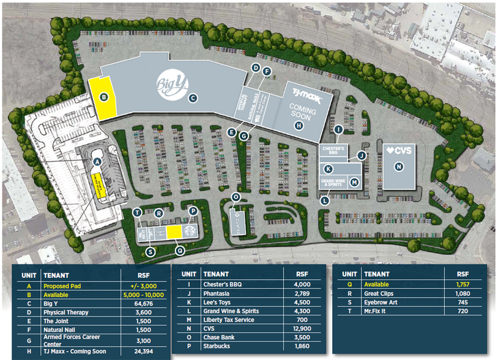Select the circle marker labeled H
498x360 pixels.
(x=299, y=126)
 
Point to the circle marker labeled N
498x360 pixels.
(x=399, y=166)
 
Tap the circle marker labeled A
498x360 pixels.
(x=96, y=161)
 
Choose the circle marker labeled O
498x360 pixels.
(x=236, y=197)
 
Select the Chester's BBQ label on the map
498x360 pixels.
(x=333, y=151)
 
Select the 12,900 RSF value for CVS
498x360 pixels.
(x=302, y=328)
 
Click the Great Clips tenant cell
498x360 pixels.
(x=377, y=293)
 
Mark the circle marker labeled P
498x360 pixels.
(x=193, y=211)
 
